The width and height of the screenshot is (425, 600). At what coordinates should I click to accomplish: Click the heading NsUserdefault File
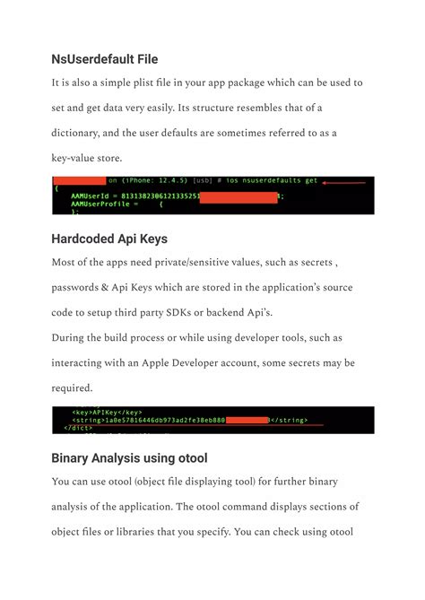105,59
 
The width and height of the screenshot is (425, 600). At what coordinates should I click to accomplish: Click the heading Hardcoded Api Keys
111,239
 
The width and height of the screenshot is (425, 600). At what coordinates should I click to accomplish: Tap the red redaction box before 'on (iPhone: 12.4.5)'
79,180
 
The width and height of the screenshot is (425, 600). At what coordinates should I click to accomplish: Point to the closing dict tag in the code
79,428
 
